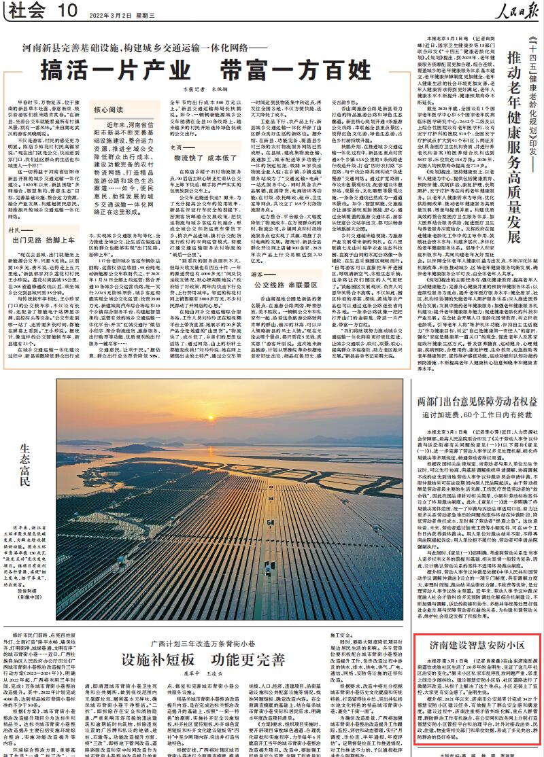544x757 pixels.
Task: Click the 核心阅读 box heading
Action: click(x=109, y=109)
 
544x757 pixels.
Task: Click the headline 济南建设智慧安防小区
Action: click(x=476, y=644)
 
